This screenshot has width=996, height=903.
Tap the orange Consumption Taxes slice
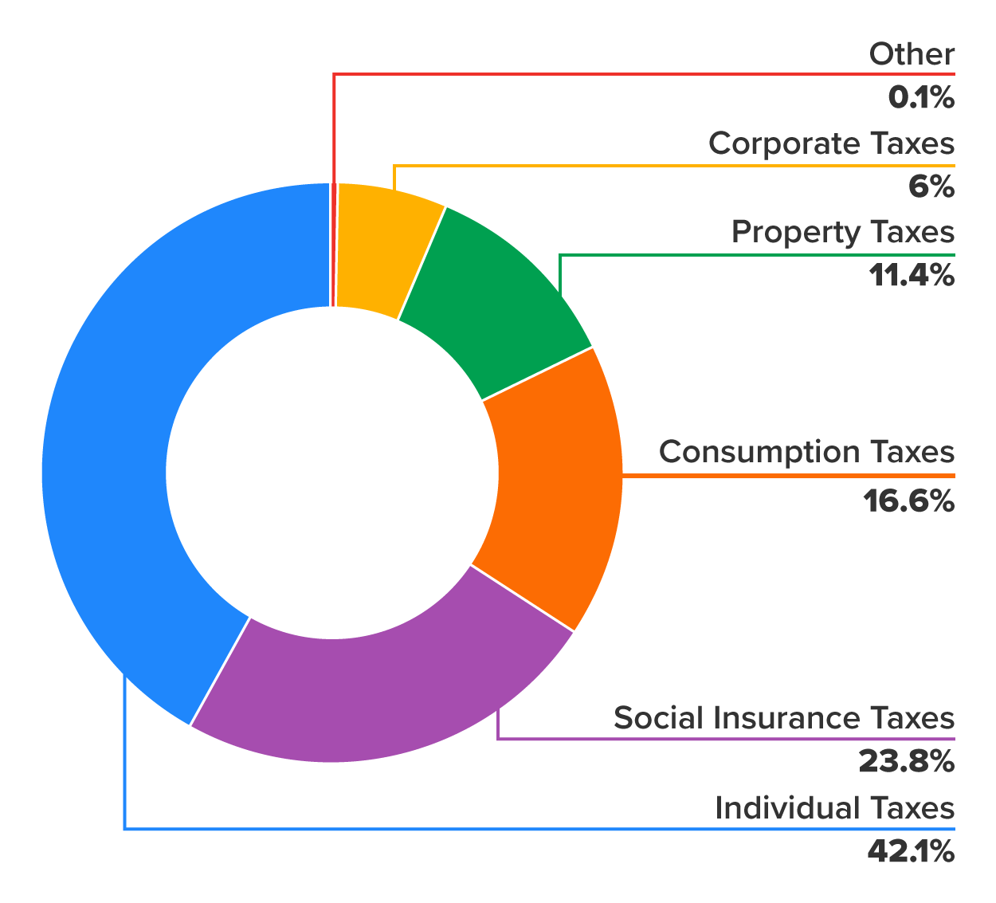coord(558,486)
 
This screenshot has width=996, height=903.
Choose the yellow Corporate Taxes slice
coord(382,247)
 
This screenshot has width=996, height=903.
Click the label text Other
coord(912,54)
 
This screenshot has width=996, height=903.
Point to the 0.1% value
coord(921,98)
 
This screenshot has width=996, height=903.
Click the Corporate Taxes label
coord(831,143)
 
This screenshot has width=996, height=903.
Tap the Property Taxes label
coord(842,232)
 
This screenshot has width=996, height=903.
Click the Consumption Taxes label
coord(806,452)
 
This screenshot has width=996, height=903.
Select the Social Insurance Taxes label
coord(783,718)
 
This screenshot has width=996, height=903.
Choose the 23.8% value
coord(906,762)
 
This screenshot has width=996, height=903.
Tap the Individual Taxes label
coord(834,807)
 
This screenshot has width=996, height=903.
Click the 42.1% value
coord(910,852)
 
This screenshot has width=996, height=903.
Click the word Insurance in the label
coord(784,718)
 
